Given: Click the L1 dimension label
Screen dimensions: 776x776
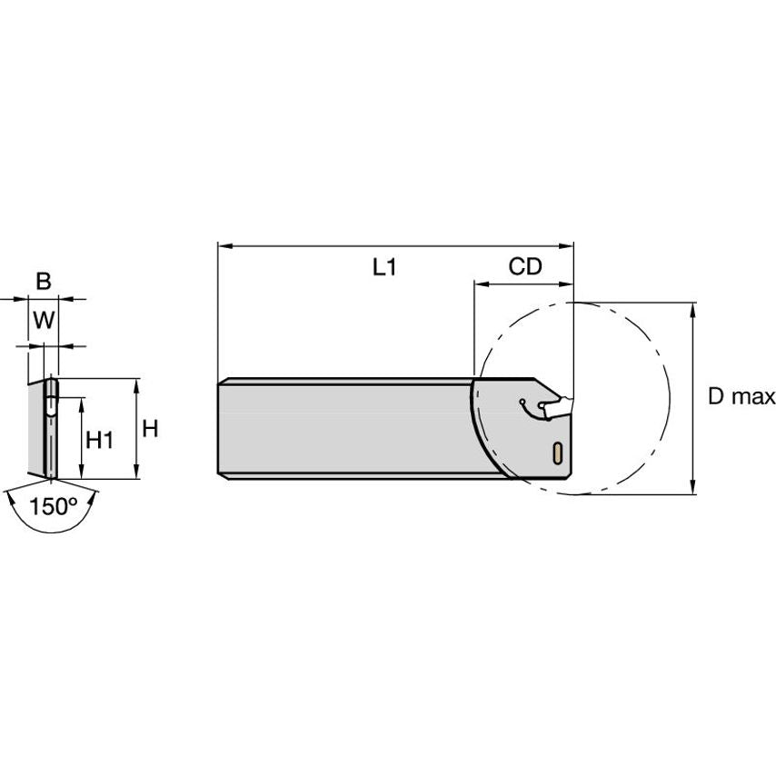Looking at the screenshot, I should tap(385, 267).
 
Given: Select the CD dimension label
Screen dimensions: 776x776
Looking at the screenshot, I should tap(524, 267).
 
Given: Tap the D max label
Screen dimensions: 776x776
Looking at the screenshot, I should tap(741, 397).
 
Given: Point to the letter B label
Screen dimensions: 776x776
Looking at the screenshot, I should tap(43, 283).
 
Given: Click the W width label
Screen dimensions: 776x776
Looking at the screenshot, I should tap(43, 320).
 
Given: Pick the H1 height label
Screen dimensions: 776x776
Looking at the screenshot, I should tap(100, 440).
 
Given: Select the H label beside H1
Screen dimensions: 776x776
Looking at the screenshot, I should tap(150, 429).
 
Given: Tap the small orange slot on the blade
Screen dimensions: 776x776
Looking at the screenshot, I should tap(556, 452).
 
